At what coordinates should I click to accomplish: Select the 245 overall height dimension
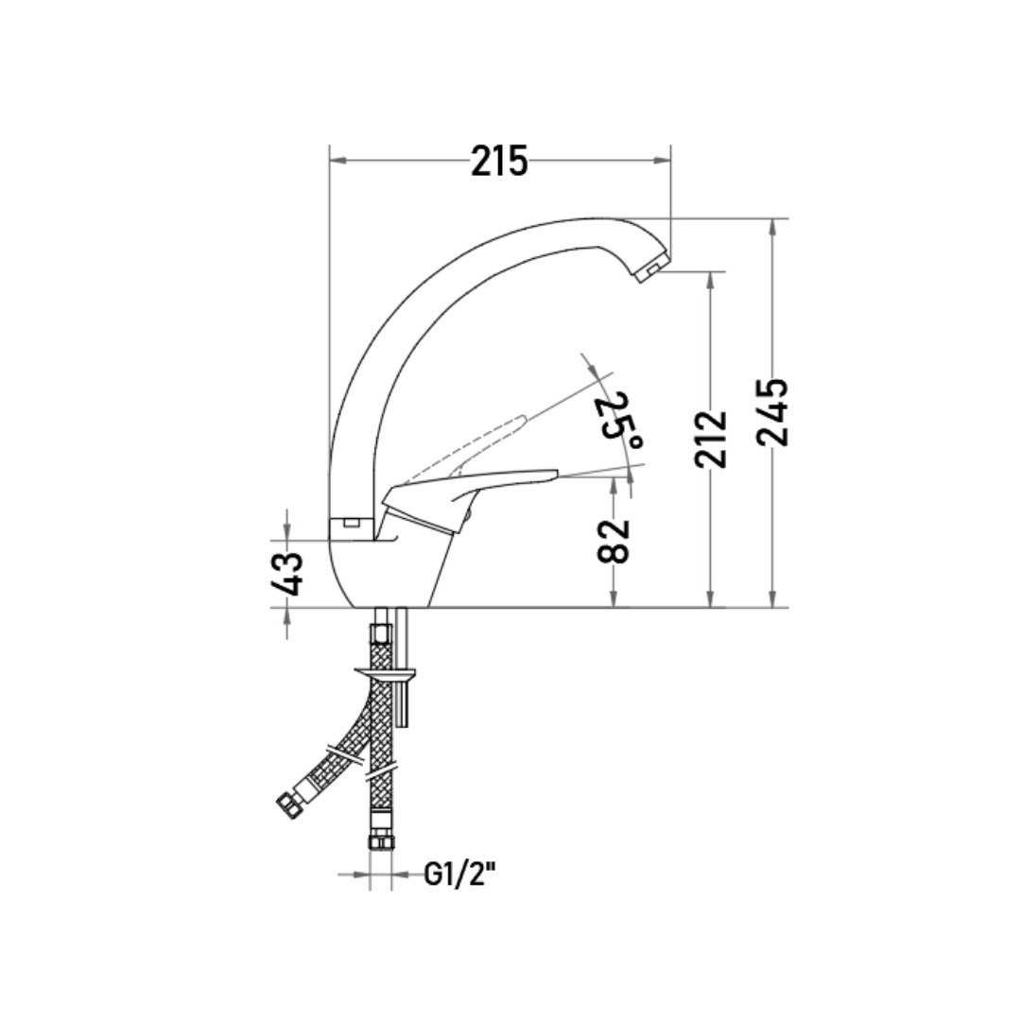(x=773, y=412)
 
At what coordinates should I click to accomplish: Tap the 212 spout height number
(x=710, y=439)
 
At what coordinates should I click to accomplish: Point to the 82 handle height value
(x=614, y=541)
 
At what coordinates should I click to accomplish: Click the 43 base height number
(x=287, y=574)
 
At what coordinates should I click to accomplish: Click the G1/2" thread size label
(x=459, y=874)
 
